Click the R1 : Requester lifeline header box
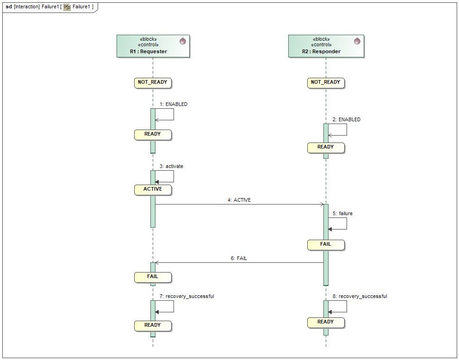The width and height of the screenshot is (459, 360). (153, 46)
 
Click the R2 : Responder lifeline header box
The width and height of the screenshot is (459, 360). (326, 46)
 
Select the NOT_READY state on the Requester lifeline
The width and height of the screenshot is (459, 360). (153, 83)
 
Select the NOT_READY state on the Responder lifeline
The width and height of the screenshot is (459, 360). (326, 83)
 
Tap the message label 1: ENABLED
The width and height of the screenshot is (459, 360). (174, 105)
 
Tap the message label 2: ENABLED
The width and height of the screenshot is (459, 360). (347, 119)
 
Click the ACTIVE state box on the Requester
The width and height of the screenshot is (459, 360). (153, 189)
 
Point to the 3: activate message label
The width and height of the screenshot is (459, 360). (171, 166)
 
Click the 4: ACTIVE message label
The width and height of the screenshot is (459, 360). (239, 200)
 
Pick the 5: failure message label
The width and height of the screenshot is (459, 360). (342, 214)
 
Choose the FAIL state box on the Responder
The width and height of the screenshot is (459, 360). (326, 244)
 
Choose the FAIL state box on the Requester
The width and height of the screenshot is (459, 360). (153, 277)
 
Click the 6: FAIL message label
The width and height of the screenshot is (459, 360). (239, 258)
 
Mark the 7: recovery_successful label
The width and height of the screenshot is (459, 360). (186, 296)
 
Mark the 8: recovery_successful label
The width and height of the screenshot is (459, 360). (360, 296)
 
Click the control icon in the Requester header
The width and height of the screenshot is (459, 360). (183, 41)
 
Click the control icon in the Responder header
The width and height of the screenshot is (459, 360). (357, 41)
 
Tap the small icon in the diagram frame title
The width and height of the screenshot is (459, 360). (67, 7)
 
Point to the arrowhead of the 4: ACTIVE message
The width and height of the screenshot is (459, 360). (322, 204)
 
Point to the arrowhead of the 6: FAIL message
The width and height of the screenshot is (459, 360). (157, 262)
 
